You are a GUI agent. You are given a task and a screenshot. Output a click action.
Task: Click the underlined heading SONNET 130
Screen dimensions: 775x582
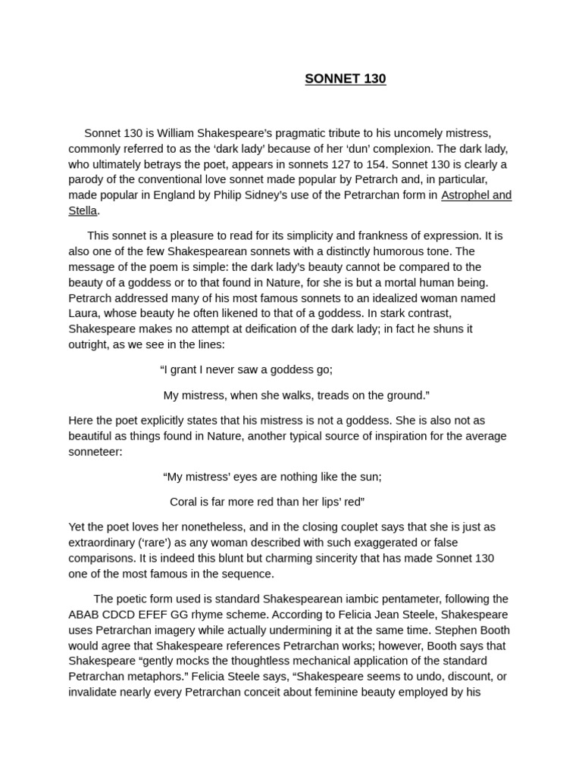[346, 79]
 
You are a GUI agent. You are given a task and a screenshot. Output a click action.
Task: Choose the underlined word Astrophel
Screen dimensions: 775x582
[464, 195]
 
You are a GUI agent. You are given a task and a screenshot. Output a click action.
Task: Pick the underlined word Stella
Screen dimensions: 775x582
[83, 210]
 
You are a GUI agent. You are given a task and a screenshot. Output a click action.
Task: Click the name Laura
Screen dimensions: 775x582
[83, 313]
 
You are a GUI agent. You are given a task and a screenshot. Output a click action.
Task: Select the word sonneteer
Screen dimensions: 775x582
[95, 452]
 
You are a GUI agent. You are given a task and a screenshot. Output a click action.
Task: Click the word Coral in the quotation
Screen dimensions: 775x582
[184, 502]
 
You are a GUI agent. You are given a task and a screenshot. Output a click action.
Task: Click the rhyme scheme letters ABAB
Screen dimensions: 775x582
[83, 615]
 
